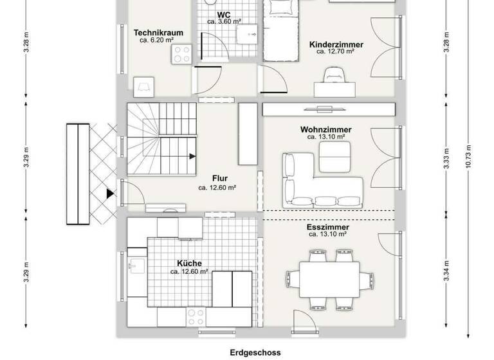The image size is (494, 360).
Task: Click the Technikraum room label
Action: pos(159,32)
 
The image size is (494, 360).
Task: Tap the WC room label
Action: pos(224,14)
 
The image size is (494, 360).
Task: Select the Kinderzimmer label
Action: pos(336,44)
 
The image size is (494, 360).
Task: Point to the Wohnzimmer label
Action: pos(326,129)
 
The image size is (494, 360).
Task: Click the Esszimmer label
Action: pos(328,228)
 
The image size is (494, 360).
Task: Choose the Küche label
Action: pos(190,264)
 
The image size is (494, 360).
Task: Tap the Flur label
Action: pos(220,179)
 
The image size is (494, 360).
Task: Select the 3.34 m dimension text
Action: pos(446,269)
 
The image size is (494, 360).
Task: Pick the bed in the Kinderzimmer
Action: pos(280,32)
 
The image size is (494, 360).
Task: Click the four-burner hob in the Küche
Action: pos(195,316)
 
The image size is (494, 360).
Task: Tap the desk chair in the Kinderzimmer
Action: pos(334,76)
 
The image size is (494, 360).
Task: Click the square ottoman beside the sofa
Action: pos(334,156)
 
